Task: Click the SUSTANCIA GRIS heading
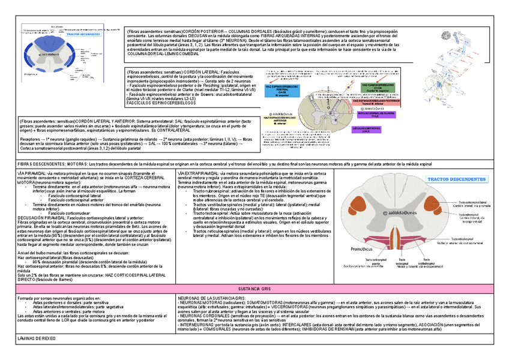point(254,289)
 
